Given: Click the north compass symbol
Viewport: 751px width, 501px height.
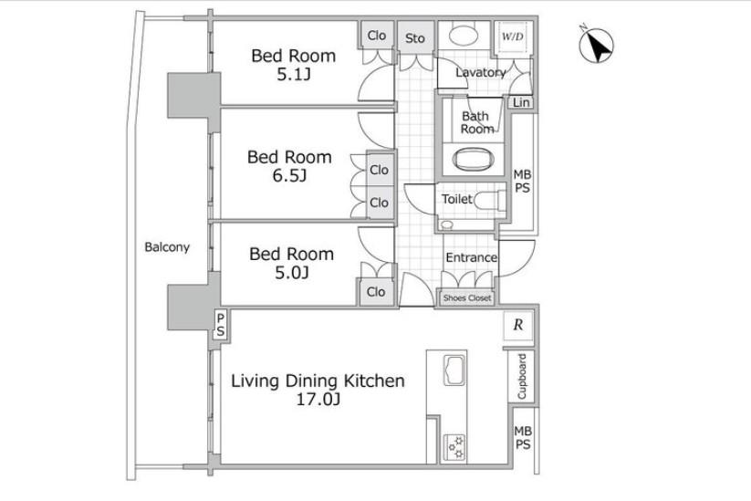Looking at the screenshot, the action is (x=596, y=45).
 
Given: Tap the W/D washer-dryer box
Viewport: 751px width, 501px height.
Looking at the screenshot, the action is (x=513, y=37).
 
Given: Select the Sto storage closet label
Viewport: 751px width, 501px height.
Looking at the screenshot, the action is (x=415, y=38).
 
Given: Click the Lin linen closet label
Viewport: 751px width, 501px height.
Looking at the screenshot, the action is (x=521, y=102).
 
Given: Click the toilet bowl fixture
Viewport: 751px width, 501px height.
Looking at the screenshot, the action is (x=488, y=200).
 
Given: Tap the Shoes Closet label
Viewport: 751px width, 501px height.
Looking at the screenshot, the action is (x=467, y=297).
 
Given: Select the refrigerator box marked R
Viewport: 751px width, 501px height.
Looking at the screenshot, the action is (x=517, y=325).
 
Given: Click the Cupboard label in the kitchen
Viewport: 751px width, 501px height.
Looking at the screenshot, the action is (x=522, y=377).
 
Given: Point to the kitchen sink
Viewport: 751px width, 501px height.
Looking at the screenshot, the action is (x=454, y=370).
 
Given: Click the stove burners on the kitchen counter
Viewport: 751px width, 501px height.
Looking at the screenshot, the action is (x=454, y=447).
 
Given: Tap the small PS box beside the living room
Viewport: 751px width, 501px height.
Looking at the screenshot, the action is (x=220, y=325).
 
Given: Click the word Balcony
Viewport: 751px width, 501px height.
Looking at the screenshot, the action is (x=167, y=247).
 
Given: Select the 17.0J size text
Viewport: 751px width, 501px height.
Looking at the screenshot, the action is (x=318, y=399).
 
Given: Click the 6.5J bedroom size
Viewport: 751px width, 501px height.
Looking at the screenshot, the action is (x=289, y=176).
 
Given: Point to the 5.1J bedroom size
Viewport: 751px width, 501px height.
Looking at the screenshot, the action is (x=294, y=74).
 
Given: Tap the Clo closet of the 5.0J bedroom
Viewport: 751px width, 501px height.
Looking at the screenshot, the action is (x=376, y=292).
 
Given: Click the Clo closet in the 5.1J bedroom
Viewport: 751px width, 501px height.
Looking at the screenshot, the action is (x=377, y=36).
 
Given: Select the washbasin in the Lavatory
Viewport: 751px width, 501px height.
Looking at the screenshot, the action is (x=464, y=36).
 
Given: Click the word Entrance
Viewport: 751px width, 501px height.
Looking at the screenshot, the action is (x=471, y=257).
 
